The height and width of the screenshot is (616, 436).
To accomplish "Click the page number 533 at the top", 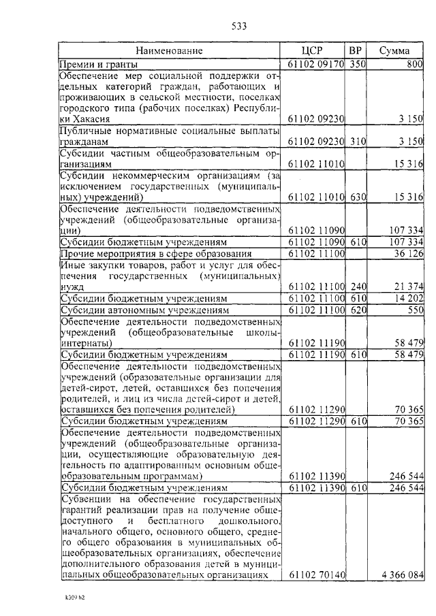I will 238,27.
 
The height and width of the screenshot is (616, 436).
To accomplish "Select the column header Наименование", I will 168,51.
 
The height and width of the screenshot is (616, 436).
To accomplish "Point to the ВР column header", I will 356,51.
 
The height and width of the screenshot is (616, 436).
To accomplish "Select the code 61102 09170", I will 316,64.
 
